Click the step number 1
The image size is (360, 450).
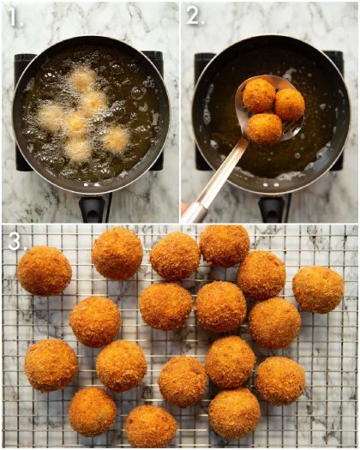click(x=12, y=15)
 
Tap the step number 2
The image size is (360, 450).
click(x=194, y=15)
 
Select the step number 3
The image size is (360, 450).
click(x=13, y=242)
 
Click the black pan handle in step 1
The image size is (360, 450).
click(x=93, y=208)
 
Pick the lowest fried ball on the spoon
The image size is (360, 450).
click(x=265, y=129)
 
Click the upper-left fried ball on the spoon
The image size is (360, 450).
click(x=258, y=95)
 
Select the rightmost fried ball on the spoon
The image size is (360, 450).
click(x=290, y=104)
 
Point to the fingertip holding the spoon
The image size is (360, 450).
click(x=184, y=208)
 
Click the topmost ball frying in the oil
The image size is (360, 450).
click(x=82, y=80)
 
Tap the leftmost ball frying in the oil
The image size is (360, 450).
click(x=50, y=116)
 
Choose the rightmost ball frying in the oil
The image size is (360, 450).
click(x=115, y=138)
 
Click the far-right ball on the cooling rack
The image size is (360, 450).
click(x=318, y=289)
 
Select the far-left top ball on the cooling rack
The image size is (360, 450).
click(x=44, y=271)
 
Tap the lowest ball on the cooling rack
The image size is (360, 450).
click(x=151, y=426)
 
